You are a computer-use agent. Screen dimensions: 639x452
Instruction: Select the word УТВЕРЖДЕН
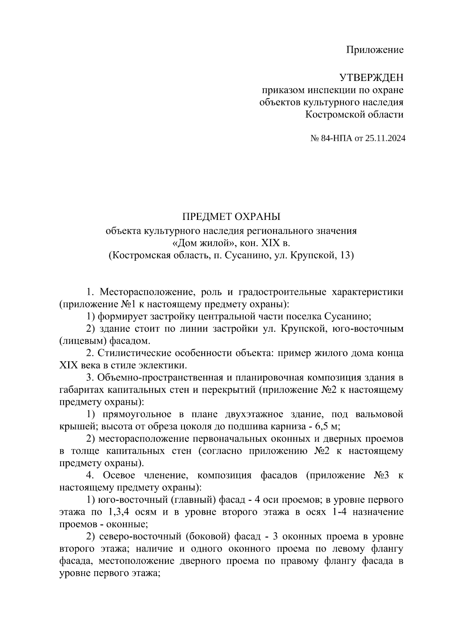pos(371,78)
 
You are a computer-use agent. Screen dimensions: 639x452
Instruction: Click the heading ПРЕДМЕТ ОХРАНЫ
pos(232,217)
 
